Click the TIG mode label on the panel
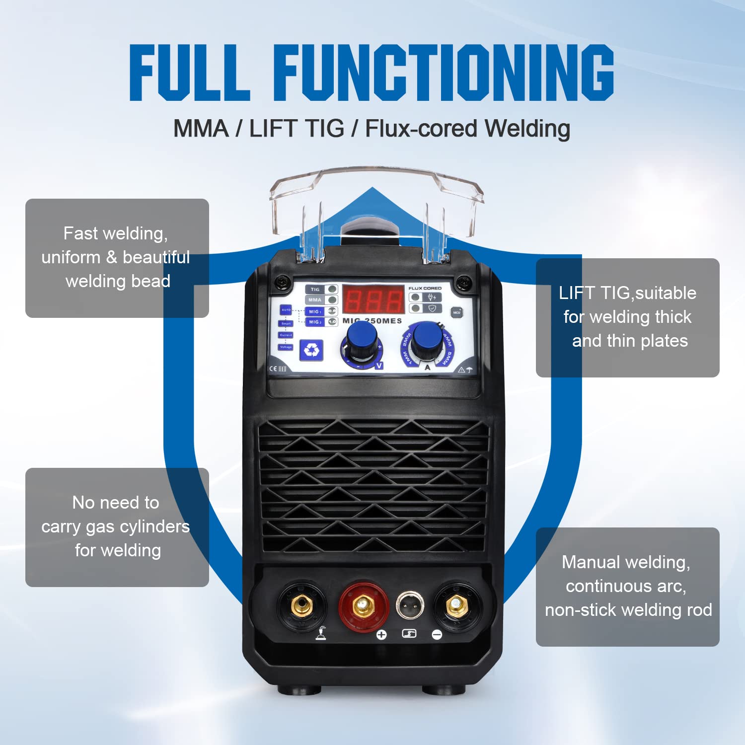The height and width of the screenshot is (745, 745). click(x=315, y=290)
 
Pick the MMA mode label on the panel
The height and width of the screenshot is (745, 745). click(x=315, y=300)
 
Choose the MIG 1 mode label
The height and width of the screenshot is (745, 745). click(x=315, y=311)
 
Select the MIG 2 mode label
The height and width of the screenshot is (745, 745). click(x=315, y=322)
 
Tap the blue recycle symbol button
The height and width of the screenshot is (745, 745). click(x=311, y=350)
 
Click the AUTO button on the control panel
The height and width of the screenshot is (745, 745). click(x=286, y=310)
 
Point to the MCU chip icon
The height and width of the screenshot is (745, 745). click(x=456, y=313)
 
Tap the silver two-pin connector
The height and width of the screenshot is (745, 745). click(x=410, y=605)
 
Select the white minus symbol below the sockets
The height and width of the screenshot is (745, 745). click(x=437, y=635)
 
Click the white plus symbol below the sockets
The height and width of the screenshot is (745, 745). click(x=381, y=635)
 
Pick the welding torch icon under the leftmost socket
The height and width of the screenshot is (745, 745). click(x=321, y=633)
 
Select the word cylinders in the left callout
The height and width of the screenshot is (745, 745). click(x=158, y=526)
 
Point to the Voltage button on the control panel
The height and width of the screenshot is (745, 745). click(x=286, y=347)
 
